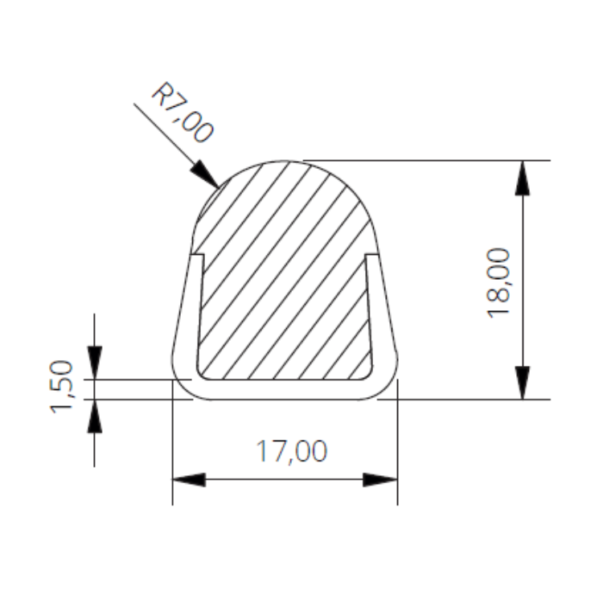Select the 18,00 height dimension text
(499, 282)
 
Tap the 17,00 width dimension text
(291, 452)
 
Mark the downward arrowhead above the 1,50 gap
(95, 363)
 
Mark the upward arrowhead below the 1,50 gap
(95, 416)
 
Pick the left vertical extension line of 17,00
(173, 450)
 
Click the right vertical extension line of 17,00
(398, 450)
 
